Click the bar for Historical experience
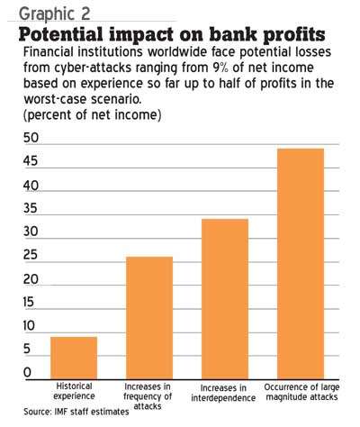coord(74,358)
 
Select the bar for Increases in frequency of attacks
coord(149,318)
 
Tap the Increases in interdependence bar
coord(225,299)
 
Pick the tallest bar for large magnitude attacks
coord(301,264)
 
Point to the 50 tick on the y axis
coord(31,138)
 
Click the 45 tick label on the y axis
coord(31,161)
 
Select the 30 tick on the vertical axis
coord(31,232)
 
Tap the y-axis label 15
coord(29,303)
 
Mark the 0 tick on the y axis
coord(27,373)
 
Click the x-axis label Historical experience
coord(74,391)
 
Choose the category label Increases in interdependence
coord(223,393)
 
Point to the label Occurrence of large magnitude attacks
coord(301,392)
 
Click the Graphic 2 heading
coord(55,14)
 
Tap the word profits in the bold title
coord(294,35)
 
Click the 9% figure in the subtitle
coord(220,68)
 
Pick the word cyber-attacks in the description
coord(93,68)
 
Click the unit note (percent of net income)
coord(93,115)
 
